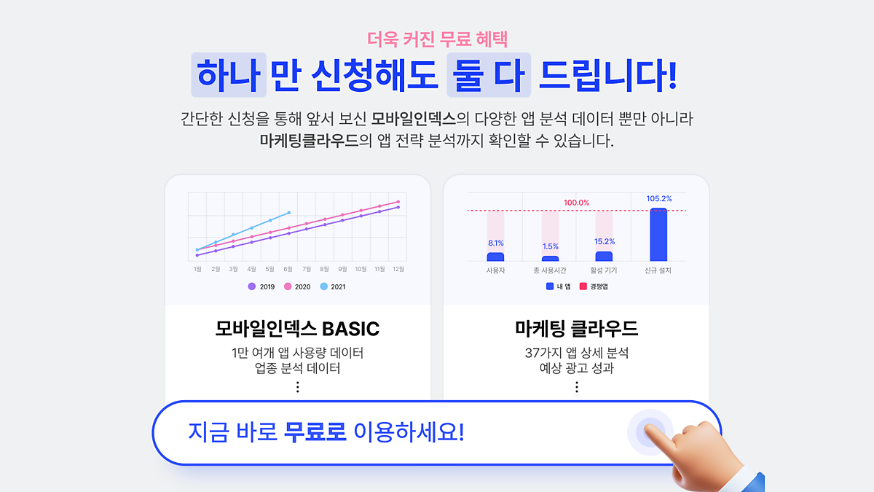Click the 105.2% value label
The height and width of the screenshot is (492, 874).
[x=659, y=199]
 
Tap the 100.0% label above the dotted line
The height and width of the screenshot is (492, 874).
[x=576, y=203]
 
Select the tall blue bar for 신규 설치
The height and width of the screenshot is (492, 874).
[x=658, y=234]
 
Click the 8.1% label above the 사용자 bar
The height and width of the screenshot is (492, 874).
[x=496, y=243]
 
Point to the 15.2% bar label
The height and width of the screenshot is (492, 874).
[x=605, y=241]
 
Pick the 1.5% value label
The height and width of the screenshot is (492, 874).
[x=550, y=246]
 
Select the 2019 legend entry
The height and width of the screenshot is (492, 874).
[x=261, y=286]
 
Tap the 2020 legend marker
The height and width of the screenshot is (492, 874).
[x=288, y=286]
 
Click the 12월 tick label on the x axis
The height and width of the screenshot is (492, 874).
[x=398, y=269]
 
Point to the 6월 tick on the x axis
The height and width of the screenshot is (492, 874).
[x=288, y=269]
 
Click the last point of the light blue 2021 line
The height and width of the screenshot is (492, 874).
[x=288, y=213]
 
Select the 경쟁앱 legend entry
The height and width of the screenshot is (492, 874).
[x=594, y=286]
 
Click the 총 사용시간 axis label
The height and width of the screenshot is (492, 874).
[x=549, y=270]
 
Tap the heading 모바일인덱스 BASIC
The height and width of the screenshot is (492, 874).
[x=297, y=329]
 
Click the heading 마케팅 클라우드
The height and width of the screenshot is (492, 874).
[x=576, y=329]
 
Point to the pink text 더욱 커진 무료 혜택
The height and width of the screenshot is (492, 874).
[x=437, y=39]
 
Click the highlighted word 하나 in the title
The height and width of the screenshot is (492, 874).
[x=229, y=75]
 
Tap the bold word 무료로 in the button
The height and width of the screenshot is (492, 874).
[x=315, y=432]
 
